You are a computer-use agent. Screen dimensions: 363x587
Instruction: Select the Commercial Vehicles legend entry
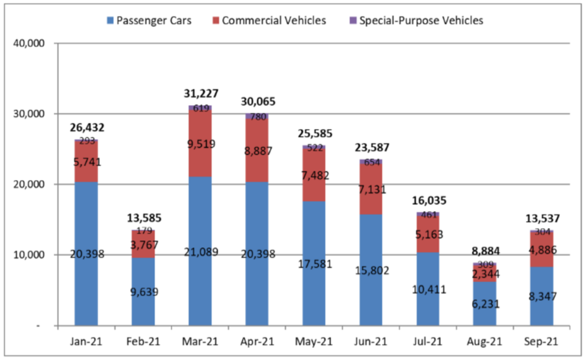(x=273, y=21)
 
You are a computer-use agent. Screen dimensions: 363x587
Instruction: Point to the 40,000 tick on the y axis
(x=30, y=44)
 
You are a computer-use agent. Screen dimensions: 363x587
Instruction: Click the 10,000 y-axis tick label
(x=30, y=255)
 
